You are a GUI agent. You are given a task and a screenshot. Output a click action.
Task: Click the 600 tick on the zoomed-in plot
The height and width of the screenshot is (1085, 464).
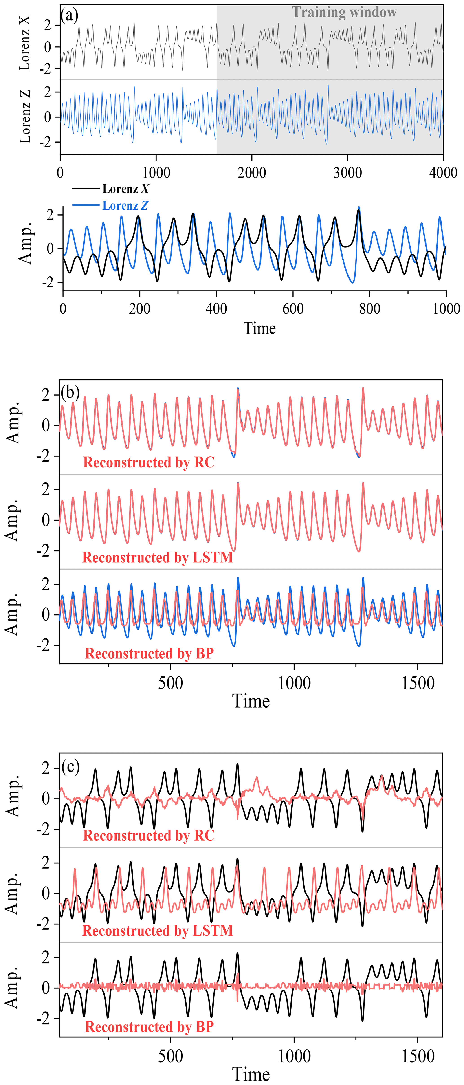tap(293, 309)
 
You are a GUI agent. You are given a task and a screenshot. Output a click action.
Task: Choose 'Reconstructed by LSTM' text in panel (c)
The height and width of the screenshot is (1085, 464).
tap(158, 930)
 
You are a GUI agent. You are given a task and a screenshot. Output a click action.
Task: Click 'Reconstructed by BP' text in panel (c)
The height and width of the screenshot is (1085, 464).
tap(150, 1026)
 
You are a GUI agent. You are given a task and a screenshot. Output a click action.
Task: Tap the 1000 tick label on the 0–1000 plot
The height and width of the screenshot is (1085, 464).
tap(446, 309)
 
